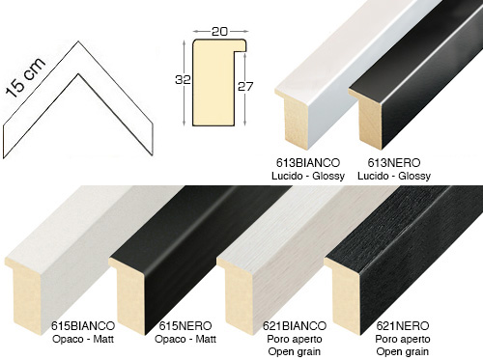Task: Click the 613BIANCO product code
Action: [308, 163]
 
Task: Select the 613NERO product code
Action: [394, 163]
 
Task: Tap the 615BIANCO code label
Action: [83, 326]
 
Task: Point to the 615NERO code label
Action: [185, 326]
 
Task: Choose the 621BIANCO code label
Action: [295, 326]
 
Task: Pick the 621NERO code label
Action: [403, 326]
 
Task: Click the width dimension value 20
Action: [219, 32]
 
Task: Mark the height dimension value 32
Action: [183, 79]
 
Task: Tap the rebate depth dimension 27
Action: [245, 86]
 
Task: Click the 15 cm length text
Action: [26, 78]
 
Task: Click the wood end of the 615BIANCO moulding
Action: [24, 296]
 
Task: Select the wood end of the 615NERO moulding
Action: [128, 296]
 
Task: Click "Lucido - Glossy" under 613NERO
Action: [394, 176]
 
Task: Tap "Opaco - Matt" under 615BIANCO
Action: [83, 339]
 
